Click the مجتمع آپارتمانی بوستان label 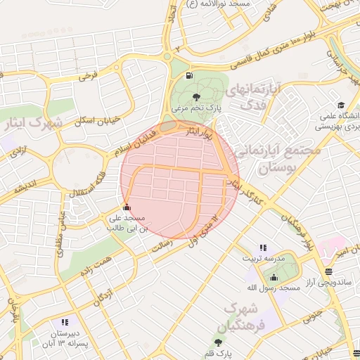point(276,158)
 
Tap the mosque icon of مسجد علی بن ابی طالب point(127,207)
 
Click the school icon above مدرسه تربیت point(263,247)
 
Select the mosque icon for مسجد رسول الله point(274,277)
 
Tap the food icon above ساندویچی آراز point(329,271)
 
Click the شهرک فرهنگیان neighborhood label point(243,318)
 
